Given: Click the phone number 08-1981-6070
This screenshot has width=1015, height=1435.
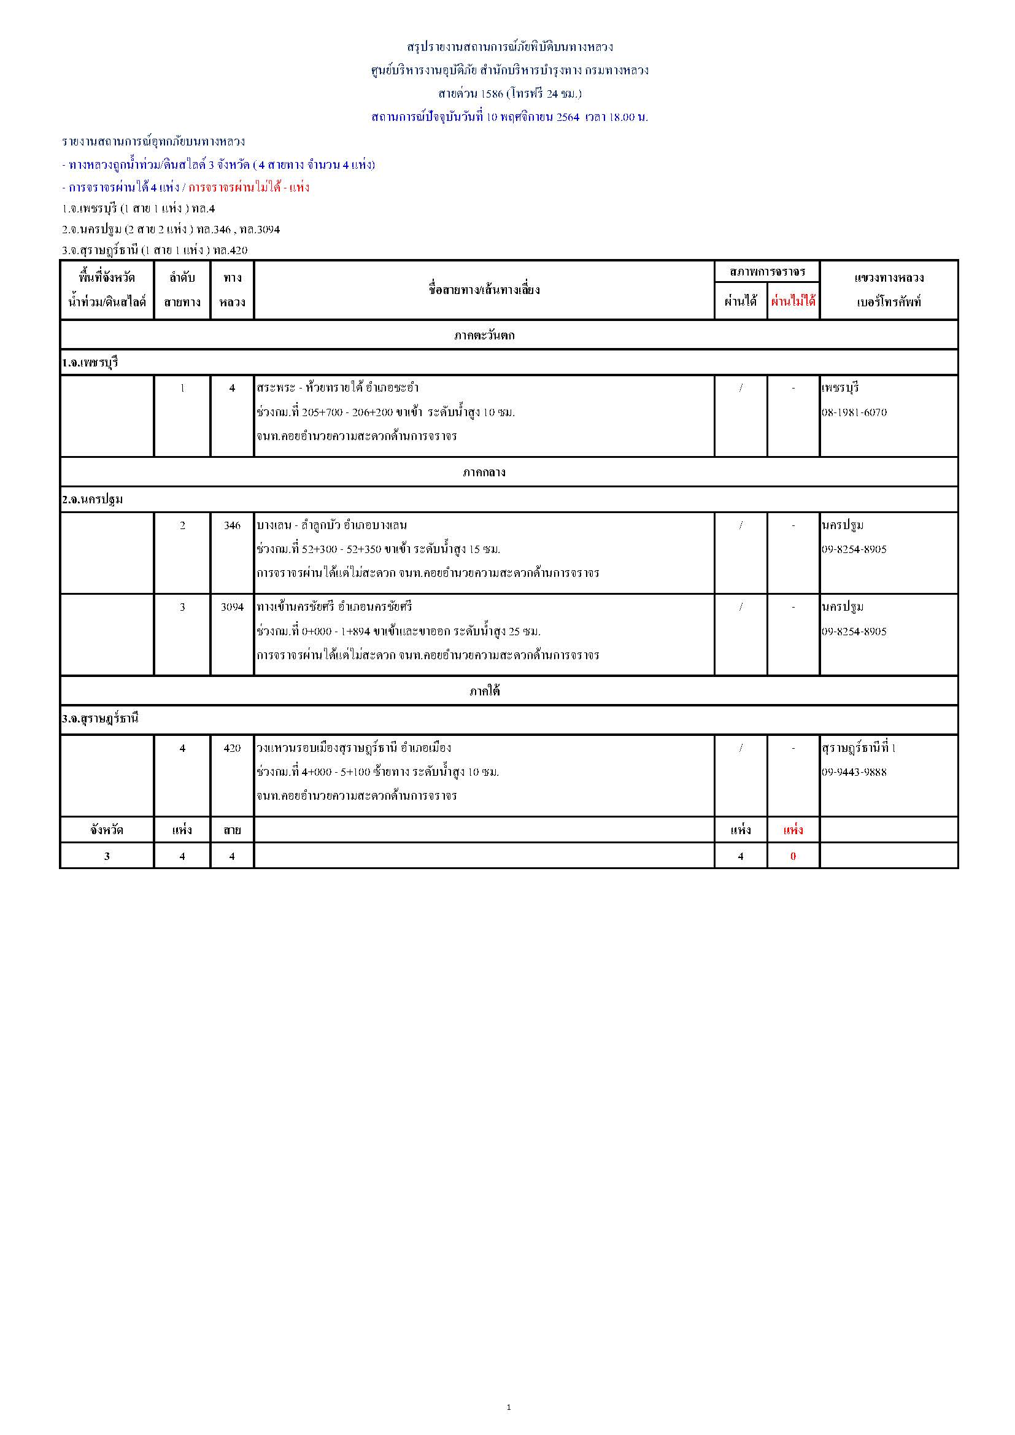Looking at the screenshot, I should [x=854, y=412].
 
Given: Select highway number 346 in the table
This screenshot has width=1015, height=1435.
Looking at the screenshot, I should [x=232, y=525].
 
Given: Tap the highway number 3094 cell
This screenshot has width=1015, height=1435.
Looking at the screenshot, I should [x=232, y=607].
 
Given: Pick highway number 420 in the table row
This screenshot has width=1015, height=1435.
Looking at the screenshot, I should [x=232, y=748].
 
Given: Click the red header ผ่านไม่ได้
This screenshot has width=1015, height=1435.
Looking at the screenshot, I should [x=792, y=301].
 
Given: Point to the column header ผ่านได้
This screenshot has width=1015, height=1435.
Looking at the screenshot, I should [x=741, y=301].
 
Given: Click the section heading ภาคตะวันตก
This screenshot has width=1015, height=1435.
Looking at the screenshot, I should [x=484, y=336].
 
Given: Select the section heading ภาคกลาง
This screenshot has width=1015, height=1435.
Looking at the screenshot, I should [x=484, y=473].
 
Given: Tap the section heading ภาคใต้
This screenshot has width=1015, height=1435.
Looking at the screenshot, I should [x=484, y=691].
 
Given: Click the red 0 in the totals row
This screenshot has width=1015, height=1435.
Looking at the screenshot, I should [x=793, y=856].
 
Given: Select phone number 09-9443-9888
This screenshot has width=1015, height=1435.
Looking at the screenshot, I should [x=854, y=773].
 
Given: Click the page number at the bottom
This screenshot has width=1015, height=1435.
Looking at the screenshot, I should [x=508, y=1407].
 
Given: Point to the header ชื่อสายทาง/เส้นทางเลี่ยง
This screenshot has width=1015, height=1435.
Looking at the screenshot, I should [x=484, y=290].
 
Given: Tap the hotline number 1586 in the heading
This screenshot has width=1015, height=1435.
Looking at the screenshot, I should [x=492, y=94].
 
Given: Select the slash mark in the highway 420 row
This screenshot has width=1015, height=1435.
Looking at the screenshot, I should [x=741, y=748].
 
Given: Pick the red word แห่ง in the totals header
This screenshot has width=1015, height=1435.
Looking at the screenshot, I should [x=793, y=830].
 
